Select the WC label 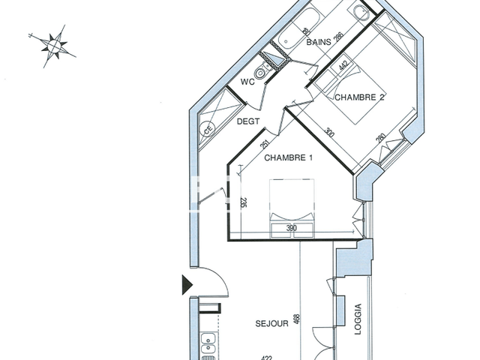pyautogui.click(x=249, y=82)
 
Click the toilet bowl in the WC pyautogui.click(x=262, y=73)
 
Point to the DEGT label pyautogui.click(x=249, y=121)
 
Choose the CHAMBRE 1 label pyautogui.click(x=288, y=157)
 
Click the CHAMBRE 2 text pyautogui.click(x=359, y=97)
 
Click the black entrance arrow pyautogui.click(x=187, y=283)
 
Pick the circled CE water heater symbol pyautogui.click(x=208, y=130)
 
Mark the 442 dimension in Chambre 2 pyautogui.click(x=343, y=67)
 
